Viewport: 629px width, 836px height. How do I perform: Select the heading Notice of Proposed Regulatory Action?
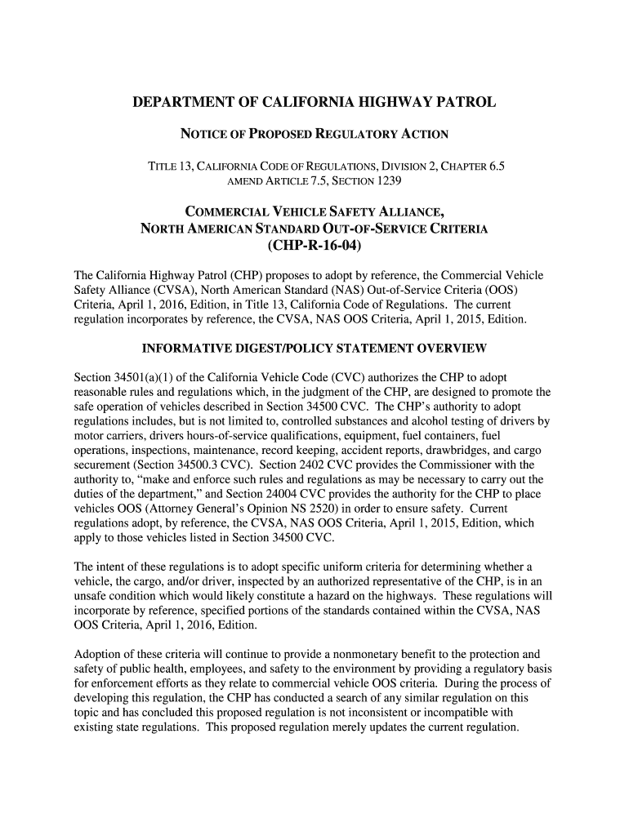pyautogui.click(x=314, y=134)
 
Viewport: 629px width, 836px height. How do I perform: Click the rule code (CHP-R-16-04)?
pyautogui.click(x=314, y=246)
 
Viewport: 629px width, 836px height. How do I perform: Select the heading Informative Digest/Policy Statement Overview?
pyautogui.click(x=314, y=349)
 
